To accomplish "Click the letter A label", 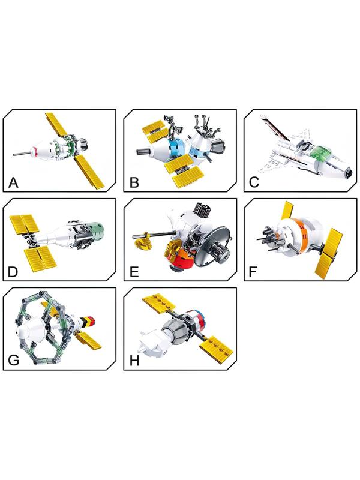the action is [x=13, y=183].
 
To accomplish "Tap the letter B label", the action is [x=134, y=183].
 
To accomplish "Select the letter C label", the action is [x=254, y=183].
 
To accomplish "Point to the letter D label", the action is [x=13, y=272].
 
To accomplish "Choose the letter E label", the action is [x=134, y=272].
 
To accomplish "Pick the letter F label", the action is [x=253, y=272].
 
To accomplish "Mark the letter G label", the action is [x=13, y=361].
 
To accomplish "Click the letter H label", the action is [x=134, y=361].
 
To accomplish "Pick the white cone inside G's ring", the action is [x=29, y=328].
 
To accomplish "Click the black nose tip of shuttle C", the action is [x=350, y=173].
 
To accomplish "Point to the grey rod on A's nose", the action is [x=22, y=153].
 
